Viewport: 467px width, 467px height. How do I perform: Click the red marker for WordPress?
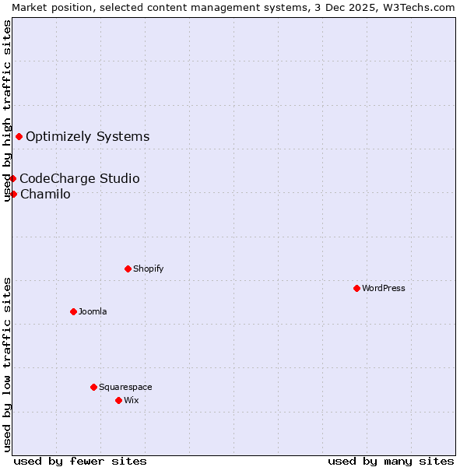pyautogui.click(x=356, y=288)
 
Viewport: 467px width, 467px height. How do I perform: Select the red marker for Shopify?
pyautogui.click(x=128, y=269)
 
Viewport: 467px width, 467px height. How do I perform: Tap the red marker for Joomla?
pyautogui.click(x=73, y=311)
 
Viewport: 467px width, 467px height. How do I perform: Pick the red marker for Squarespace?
pyautogui.click(x=93, y=387)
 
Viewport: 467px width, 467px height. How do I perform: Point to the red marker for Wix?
pyautogui.click(x=118, y=400)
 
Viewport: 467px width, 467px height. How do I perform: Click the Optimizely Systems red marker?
pyautogui.click(x=19, y=137)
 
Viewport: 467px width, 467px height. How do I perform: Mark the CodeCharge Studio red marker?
pyautogui.click(x=12, y=179)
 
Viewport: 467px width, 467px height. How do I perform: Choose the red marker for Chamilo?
pyautogui.click(x=13, y=194)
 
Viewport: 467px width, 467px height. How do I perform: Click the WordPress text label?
pyautogui.click(x=384, y=288)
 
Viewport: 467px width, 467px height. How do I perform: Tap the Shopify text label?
pyautogui.click(x=149, y=269)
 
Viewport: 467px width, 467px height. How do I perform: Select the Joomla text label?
pyautogui.click(x=93, y=311)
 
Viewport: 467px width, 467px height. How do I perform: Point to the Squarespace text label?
pyautogui.click(x=125, y=387)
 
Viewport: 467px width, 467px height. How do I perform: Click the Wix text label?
pyautogui.click(x=132, y=400)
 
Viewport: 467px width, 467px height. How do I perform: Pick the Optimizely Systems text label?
pyautogui.click(x=87, y=137)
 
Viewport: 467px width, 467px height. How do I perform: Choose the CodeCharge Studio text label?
pyautogui.click(x=79, y=179)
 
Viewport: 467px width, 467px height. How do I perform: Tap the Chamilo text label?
pyautogui.click(x=45, y=194)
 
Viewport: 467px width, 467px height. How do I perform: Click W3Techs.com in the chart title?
pyautogui.click(x=423, y=7)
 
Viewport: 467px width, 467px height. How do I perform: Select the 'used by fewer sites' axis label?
pyautogui.click(x=80, y=461)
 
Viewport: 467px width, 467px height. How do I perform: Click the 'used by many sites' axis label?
pyautogui.click(x=391, y=461)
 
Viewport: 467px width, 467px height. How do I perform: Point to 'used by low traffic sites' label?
pyautogui.click(x=7, y=364)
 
